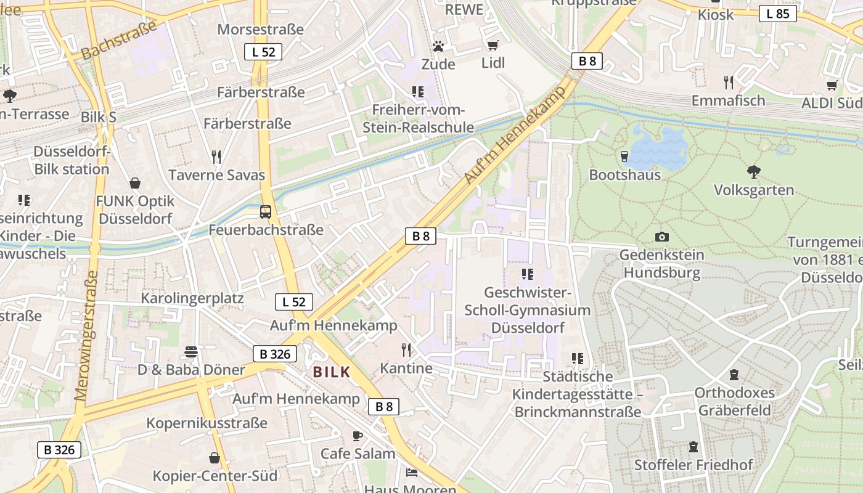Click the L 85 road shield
coord(777,14)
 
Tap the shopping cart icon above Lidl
coord(493,45)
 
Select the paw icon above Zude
coord(438,46)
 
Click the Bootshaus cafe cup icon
coord(624,157)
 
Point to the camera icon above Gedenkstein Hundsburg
coord(661,237)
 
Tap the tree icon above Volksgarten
coord(753,171)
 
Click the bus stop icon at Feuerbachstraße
coord(266,212)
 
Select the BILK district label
coord(331,372)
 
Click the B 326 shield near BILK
coord(275,354)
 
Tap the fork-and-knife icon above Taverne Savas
coord(216,157)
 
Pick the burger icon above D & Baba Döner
coord(191,352)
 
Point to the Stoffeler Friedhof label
coord(693,465)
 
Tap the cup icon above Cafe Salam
coord(358,436)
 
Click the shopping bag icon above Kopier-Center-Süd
coord(215,458)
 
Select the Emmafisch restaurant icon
coord(729,82)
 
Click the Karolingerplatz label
coord(192,298)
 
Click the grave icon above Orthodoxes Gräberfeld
coord(734,374)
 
